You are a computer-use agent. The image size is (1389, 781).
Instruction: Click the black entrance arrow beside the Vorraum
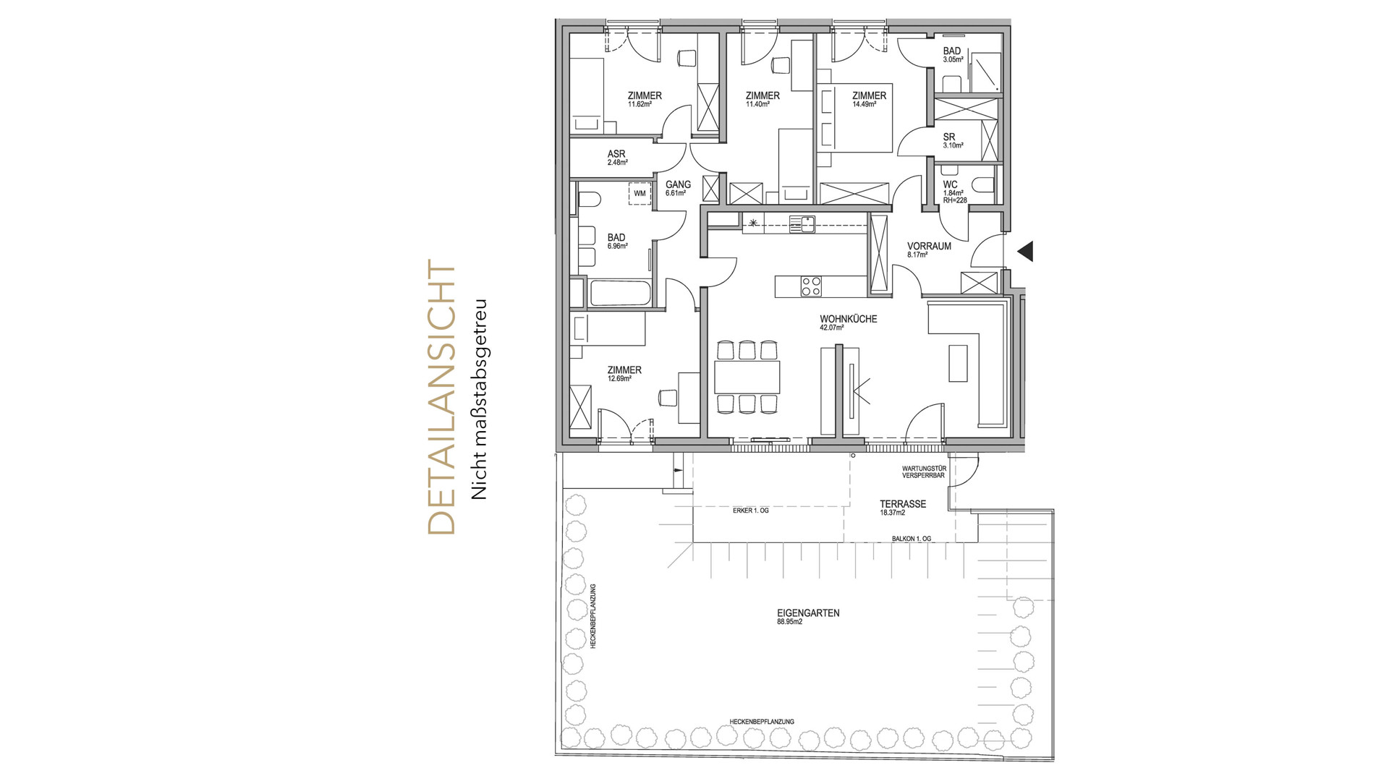(1025, 251)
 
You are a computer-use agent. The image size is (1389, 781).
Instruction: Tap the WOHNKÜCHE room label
(849, 319)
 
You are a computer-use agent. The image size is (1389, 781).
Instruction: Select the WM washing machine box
(640, 194)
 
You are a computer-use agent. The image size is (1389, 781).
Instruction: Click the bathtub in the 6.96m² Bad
(621, 293)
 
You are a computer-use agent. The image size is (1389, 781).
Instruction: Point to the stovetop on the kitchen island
(810, 286)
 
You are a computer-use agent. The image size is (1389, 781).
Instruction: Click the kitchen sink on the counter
(802, 224)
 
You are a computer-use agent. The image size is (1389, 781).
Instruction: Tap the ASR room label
(616, 154)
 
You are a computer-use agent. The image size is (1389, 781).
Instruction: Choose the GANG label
(678, 184)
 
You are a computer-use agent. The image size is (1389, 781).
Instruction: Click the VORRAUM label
(929, 246)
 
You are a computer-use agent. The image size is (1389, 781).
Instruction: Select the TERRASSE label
(903, 504)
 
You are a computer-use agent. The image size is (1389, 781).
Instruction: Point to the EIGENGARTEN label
(808, 613)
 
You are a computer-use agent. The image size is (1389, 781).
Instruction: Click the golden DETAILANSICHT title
(442, 397)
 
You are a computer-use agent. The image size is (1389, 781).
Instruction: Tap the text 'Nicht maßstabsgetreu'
(479, 399)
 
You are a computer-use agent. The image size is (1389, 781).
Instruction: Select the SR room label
(949, 137)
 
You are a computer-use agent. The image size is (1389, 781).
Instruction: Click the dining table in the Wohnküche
(747, 377)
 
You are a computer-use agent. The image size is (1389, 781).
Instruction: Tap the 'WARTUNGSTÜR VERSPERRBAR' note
(924, 472)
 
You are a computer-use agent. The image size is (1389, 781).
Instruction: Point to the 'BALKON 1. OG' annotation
(911, 539)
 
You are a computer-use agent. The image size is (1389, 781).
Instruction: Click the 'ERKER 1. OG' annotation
(751, 511)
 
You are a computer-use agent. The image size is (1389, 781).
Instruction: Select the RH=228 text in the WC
(955, 200)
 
